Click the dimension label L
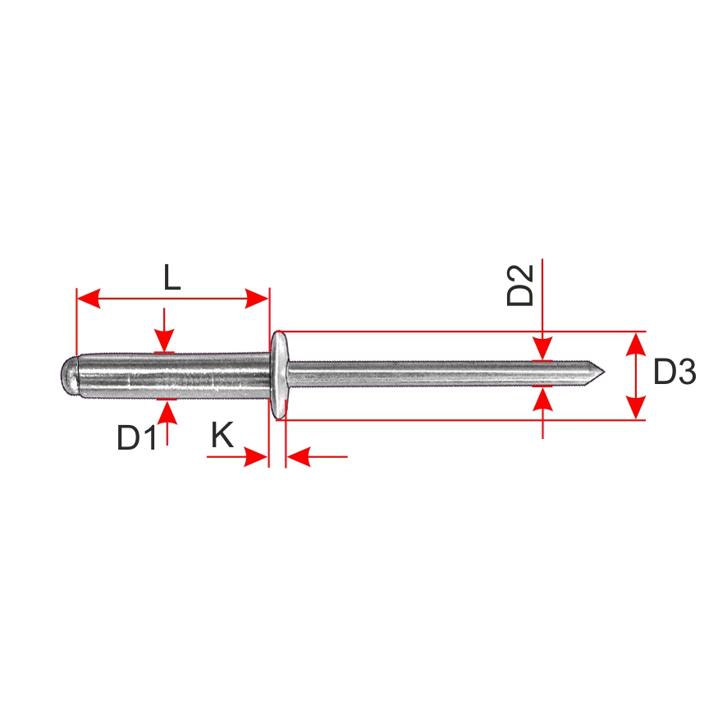pos(172,277)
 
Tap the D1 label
pos(137,437)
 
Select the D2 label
pos(520,286)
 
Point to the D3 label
pos(674,372)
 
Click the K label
pos(222,435)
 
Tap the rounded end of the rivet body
pos(70,376)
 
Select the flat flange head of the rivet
pos(279,375)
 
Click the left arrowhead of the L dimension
pos(88,298)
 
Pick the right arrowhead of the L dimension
pos(258,298)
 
